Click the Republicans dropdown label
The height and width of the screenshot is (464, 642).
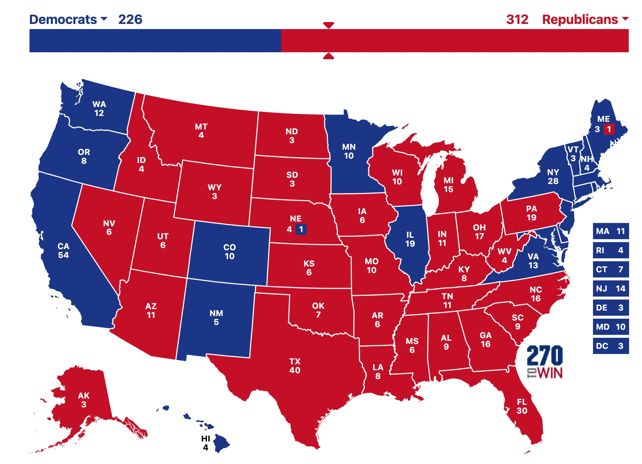(x=585, y=20)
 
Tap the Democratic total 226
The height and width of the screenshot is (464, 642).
(x=130, y=20)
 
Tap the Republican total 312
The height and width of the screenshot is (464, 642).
(x=517, y=20)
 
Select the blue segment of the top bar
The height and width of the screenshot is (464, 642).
(x=155, y=40)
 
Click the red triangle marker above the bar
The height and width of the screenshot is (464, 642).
(x=328, y=25)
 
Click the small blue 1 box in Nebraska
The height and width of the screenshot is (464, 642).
(x=301, y=230)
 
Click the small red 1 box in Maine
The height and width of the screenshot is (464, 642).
(x=609, y=129)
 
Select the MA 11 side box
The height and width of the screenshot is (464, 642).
(x=610, y=231)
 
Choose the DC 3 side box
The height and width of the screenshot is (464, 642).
(x=610, y=346)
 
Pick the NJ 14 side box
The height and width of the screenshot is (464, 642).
(x=610, y=288)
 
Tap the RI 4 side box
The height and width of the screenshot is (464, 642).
(x=610, y=250)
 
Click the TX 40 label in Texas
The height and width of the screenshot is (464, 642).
(x=295, y=366)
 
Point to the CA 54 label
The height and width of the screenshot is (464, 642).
(x=63, y=251)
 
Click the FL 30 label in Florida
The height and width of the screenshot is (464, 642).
(x=521, y=406)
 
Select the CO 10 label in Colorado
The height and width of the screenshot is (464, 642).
(x=229, y=252)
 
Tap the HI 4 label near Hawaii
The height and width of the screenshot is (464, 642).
(x=206, y=443)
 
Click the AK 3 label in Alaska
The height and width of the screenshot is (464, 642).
(x=84, y=400)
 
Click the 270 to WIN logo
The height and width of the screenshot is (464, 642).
(x=544, y=361)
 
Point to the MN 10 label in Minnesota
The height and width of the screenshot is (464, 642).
(x=349, y=151)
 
